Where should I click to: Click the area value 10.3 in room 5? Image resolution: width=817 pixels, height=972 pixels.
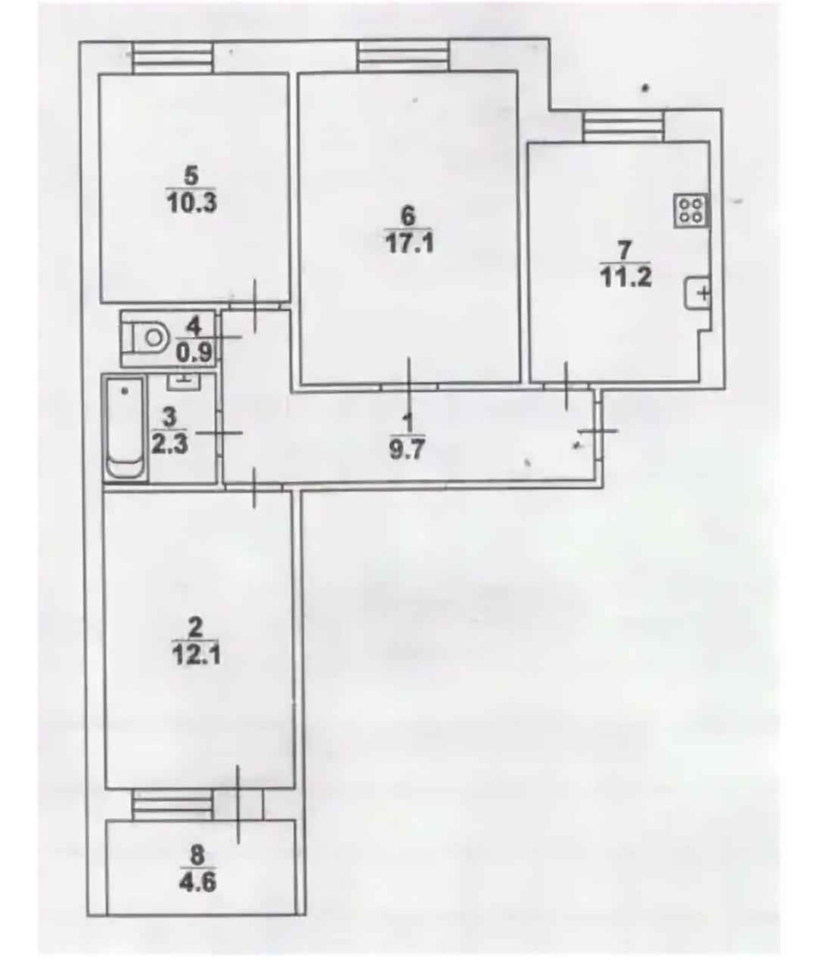(192, 204)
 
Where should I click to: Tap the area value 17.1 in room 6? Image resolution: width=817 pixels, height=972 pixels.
(410, 243)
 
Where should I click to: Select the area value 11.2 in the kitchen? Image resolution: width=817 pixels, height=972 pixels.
(626, 278)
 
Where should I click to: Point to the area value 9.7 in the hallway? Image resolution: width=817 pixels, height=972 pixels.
(407, 450)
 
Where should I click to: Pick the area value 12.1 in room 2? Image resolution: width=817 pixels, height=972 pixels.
(195, 657)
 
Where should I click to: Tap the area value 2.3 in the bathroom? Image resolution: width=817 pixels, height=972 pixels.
(169, 444)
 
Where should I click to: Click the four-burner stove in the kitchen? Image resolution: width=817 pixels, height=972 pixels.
(691, 210)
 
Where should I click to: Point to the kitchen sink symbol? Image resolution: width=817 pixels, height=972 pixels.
(697, 292)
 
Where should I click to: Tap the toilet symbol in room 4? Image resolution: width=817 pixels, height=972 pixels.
(147, 338)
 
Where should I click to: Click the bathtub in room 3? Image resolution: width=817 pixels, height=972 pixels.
(125, 427)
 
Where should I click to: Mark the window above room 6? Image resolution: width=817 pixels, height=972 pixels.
(404, 55)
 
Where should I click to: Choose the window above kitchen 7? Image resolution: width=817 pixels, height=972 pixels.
(623, 125)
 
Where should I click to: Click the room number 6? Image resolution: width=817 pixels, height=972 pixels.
(407, 216)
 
